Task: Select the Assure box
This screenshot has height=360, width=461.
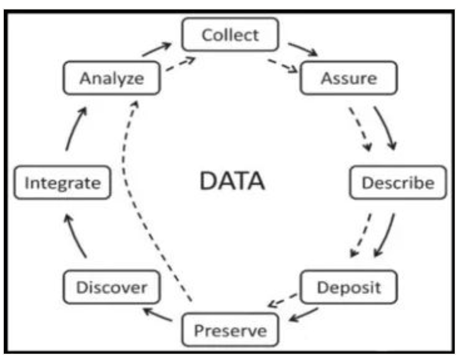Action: (348, 79)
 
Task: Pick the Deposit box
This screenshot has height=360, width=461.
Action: (348, 288)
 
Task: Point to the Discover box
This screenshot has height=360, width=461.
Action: (111, 288)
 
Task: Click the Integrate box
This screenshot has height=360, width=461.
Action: (62, 183)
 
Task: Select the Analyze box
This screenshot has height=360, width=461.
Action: (111, 79)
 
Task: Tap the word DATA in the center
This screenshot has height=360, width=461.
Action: (232, 181)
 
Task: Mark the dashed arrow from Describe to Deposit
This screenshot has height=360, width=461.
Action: (361, 237)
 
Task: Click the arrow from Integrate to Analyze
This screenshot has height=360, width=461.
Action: (74, 129)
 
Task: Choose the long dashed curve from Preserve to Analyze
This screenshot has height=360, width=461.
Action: (129, 183)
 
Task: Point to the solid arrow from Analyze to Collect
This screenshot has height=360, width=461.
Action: (157, 50)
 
